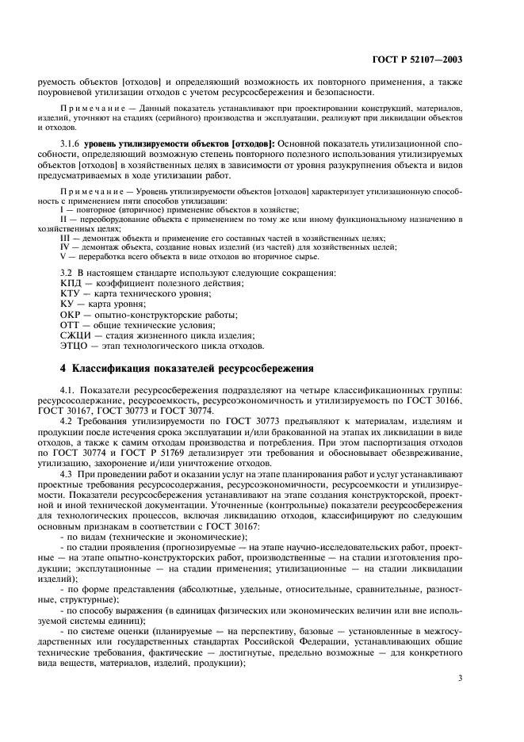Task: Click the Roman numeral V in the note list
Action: click(63, 256)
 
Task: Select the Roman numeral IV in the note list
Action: click(65, 247)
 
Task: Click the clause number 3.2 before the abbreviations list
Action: click(67, 273)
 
